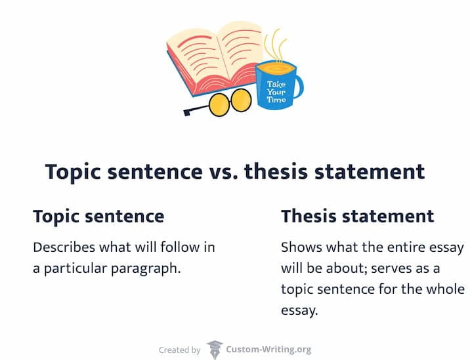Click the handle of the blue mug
[x=298, y=85]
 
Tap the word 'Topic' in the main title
[x=72, y=172]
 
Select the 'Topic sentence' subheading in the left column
[x=98, y=216]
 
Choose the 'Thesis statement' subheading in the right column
[x=357, y=216]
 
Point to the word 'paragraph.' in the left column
[x=148, y=269]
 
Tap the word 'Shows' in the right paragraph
[x=299, y=248]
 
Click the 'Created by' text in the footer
[x=180, y=350]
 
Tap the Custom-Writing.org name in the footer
[x=268, y=350]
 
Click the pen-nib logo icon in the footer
[x=214, y=349]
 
